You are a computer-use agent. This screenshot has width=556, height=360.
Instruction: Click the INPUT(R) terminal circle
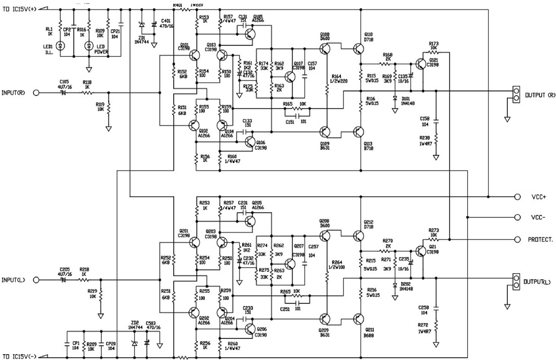point(36,93)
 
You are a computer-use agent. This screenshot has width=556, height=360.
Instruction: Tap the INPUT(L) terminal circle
point(36,280)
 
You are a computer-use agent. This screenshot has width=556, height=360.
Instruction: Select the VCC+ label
point(538,197)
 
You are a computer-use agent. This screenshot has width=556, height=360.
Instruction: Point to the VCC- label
point(538,217)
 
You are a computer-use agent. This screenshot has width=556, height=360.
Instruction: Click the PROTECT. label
point(540,239)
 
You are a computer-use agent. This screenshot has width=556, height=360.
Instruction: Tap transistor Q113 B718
point(359,131)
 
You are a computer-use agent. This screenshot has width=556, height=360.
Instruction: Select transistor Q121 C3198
point(421,64)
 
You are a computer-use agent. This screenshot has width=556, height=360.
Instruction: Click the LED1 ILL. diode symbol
point(62,45)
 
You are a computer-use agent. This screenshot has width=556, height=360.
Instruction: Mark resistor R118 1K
point(87,93)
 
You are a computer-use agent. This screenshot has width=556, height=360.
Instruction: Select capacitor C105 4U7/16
point(63,93)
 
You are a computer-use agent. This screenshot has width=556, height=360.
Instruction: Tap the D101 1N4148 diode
point(395,98)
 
